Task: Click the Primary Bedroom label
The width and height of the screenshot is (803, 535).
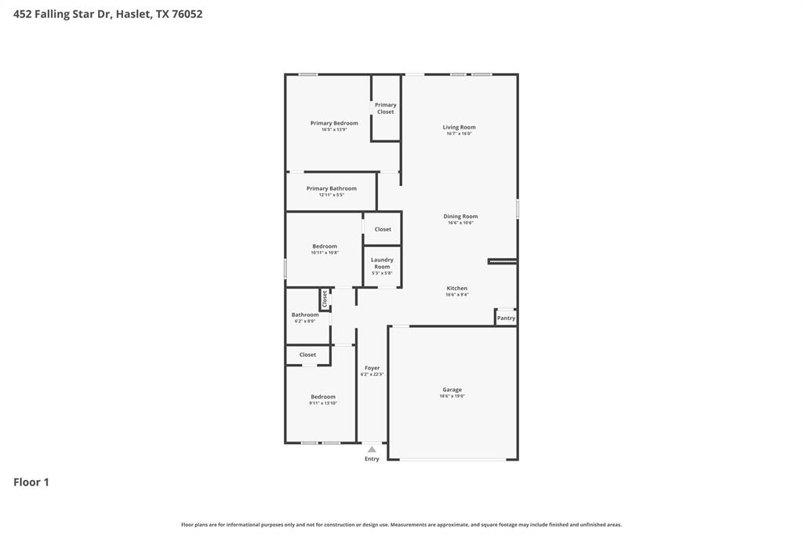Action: (334, 123)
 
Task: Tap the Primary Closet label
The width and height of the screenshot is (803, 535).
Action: (385, 108)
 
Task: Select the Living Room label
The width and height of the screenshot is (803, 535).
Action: (459, 127)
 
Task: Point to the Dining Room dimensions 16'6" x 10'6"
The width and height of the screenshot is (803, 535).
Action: (460, 223)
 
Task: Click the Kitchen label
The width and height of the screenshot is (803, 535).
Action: (456, 288)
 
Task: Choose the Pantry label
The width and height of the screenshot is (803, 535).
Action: (506, 318)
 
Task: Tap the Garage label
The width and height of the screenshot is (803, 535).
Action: (452, 390)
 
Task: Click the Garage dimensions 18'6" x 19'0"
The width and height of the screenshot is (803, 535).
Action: (452, 396)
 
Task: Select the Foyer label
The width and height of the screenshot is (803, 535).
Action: (372, 368)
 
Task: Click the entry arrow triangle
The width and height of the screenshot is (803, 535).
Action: (372, 449)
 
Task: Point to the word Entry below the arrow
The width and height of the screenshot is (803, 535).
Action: (372, 459)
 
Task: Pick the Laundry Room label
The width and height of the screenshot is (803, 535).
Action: (382, 263)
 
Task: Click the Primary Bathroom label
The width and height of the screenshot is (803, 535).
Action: (331, 188)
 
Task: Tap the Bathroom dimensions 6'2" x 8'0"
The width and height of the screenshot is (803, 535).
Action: (305, 321)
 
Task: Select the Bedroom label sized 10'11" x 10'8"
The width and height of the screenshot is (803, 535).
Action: (325, 246)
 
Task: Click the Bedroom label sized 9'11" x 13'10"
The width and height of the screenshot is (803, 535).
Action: (322, 397)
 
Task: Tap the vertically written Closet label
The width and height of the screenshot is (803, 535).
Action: (325, 299)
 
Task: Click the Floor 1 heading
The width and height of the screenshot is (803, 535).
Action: (31, 482)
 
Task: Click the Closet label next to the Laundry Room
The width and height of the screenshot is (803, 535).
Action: (383, 229)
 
